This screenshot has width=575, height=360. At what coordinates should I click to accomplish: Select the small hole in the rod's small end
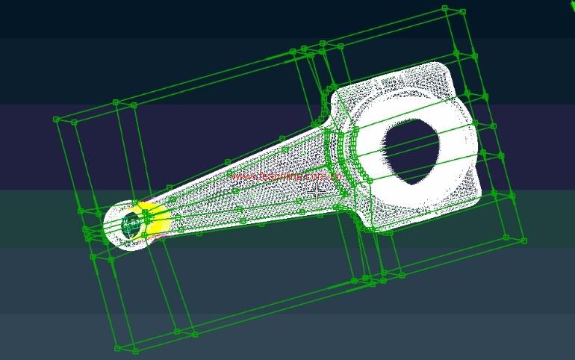coord(131,224)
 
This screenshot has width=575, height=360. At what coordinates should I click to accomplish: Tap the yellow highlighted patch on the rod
coord(155,217)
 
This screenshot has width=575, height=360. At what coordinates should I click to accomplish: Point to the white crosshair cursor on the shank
coord(317,192)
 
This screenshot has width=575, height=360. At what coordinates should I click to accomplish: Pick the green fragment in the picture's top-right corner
coord(571,4)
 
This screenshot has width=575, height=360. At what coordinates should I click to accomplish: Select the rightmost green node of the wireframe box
coord(526,241)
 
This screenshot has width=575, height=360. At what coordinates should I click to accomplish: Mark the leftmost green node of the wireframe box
coord(56,119)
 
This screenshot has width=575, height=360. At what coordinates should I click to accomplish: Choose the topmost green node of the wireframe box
coord(444,9)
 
